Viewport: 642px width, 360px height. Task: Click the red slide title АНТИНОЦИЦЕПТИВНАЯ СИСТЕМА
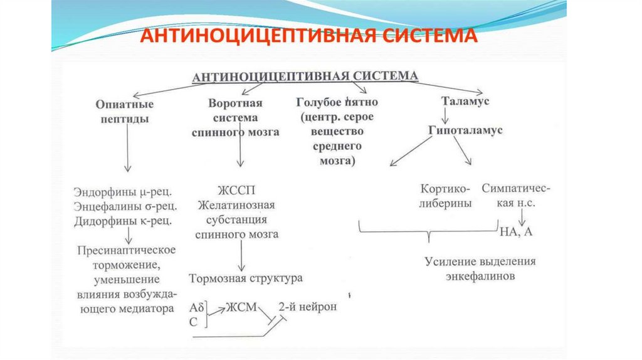pyautogui.click(x=308, y=36)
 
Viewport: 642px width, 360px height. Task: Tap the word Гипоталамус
pyautogui.click(x=466, y=130)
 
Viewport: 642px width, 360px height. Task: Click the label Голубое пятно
pyautogui.click(x=337, y=102)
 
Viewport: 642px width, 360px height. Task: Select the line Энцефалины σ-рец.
pyautogui.click(x=125, y=206)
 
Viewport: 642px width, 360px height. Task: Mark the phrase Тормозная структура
pyautogui.click(x=246, y=278)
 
